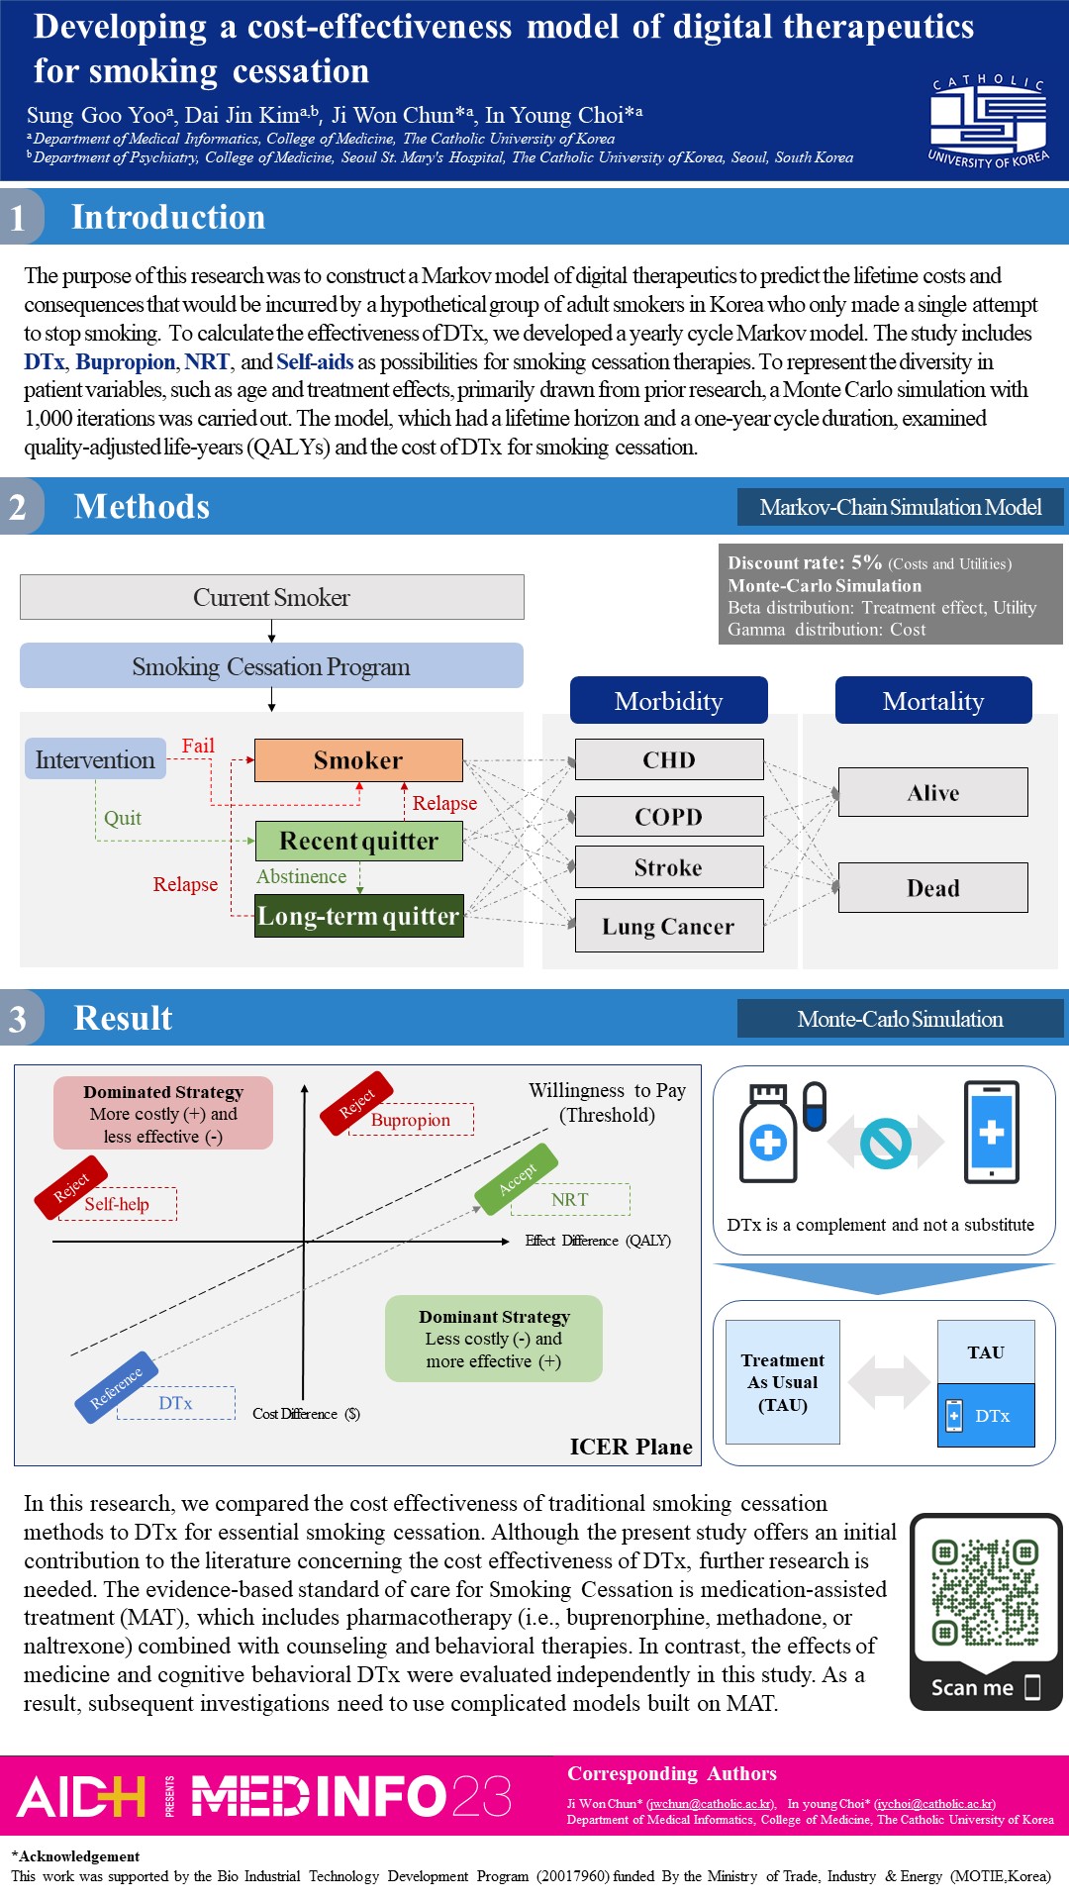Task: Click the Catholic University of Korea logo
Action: (988, 121)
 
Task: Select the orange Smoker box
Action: (358, 760)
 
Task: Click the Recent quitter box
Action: (358, 841)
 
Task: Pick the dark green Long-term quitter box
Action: (358, 916)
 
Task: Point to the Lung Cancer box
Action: (669, 926)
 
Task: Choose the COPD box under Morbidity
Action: (669, 817)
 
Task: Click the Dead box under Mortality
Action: (932, 887)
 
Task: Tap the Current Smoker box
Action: (271, 597)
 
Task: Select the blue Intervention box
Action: (95, 759)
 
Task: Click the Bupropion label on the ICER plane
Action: (411, 1120)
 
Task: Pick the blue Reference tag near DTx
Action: (117, 1386)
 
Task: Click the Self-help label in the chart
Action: (117, 1204)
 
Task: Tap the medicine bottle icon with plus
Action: (768, 1135)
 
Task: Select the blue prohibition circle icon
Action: (885, 1143)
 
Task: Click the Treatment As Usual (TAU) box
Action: (783, 1382)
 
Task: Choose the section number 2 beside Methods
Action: (18, 507)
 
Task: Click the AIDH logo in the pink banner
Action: (81, 1796)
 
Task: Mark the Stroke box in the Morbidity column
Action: (669, 867)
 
